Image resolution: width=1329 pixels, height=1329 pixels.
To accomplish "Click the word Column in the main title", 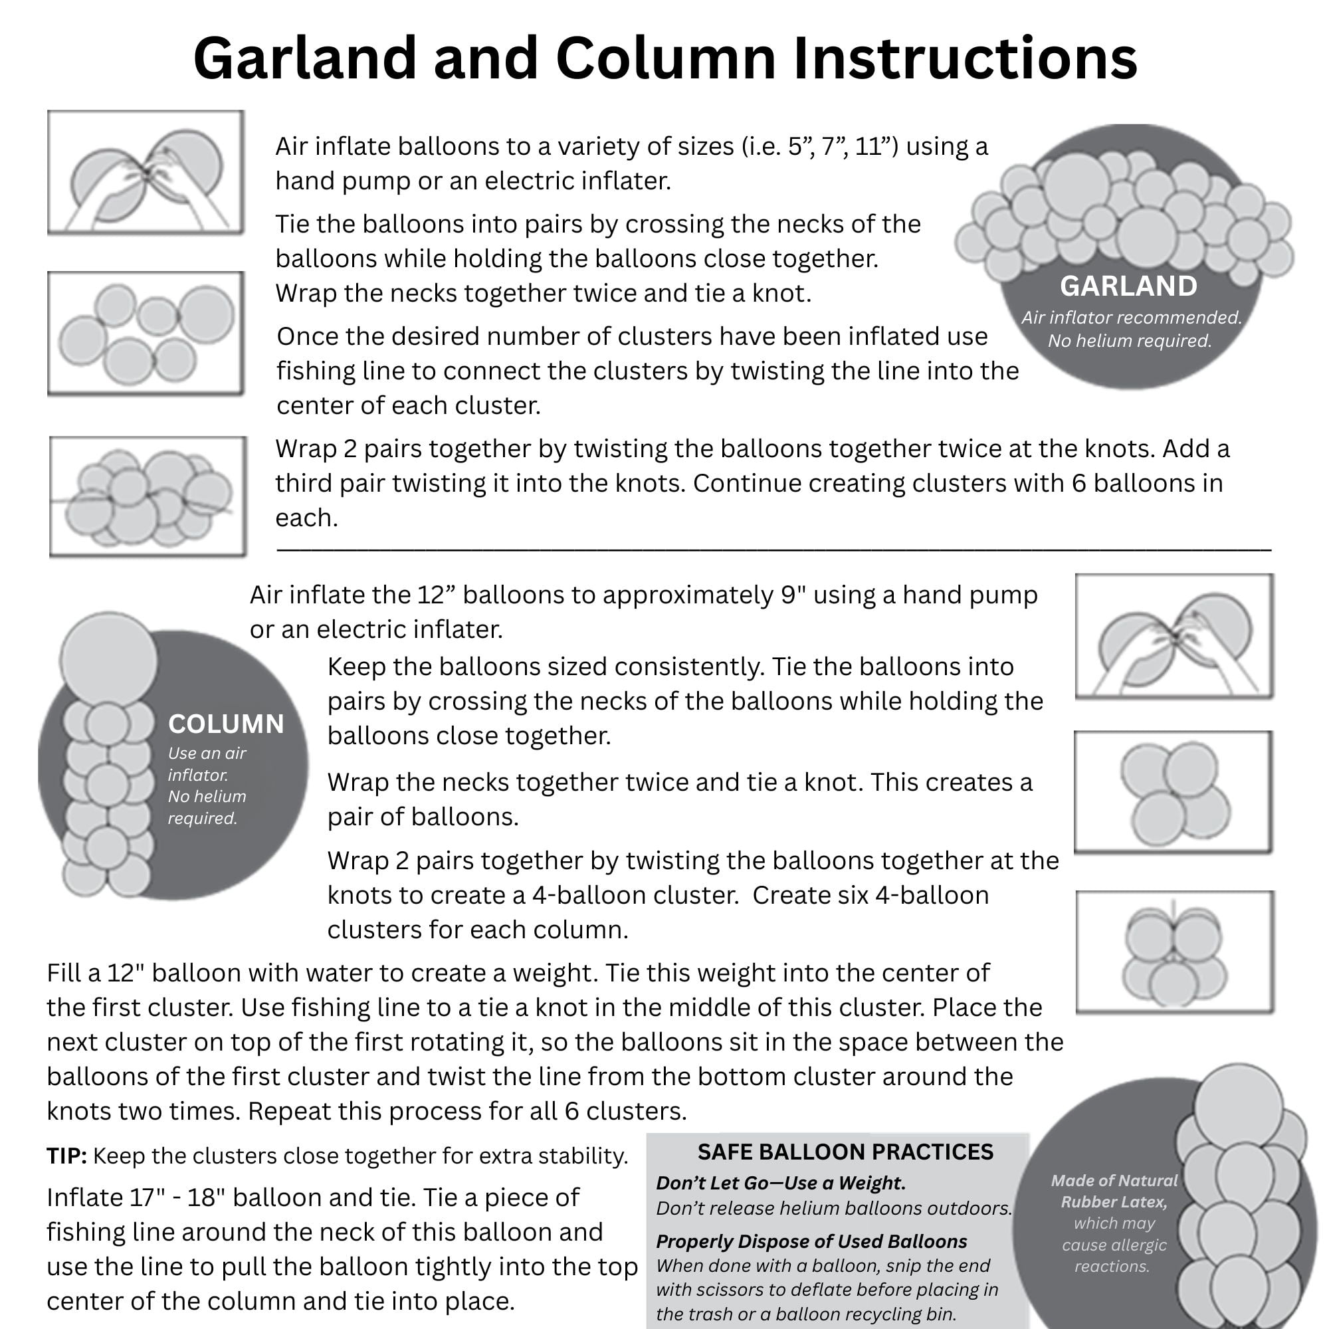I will tap(666, 59).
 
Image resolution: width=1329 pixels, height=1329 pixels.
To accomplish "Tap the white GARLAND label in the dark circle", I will tap(1128, 286).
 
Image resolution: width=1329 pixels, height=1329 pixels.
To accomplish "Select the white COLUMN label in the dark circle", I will tap(226, 724).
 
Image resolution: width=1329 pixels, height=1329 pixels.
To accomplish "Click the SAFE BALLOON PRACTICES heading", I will tap(845, 1152).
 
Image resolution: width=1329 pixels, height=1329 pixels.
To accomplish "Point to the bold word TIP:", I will tap(66, 1156).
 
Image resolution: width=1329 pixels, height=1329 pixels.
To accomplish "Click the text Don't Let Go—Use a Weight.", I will tap(780, 1183).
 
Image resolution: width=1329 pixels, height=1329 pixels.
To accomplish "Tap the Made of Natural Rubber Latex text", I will tap(1114, 1191).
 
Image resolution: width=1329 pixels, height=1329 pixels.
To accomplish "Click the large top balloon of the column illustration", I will tap(108, 659).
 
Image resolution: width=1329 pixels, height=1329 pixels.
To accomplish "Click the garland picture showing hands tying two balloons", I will tap(146, 173).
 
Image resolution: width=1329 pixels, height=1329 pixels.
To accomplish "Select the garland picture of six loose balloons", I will tap(146, 334).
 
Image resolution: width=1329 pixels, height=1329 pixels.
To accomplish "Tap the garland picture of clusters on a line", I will tap(148, 496).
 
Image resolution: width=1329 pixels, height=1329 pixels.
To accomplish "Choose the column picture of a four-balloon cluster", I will tap(1174, 793).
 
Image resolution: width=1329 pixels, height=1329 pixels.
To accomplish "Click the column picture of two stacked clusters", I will tap(1175, 952).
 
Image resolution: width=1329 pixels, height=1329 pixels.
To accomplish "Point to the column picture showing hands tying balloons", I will tap(1174, 636).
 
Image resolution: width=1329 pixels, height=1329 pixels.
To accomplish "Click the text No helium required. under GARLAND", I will tap(1129, 340).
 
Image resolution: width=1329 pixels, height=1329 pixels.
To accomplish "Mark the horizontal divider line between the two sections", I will tap(773, 550).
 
